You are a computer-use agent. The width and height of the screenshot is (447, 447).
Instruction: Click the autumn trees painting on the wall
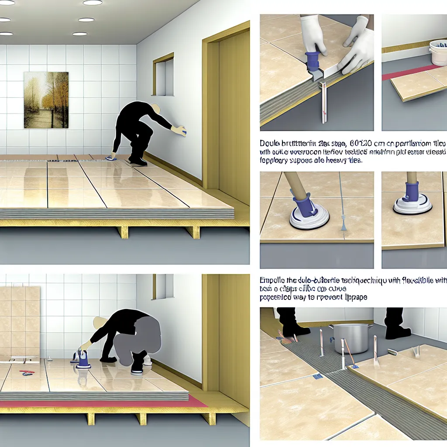[46, 100]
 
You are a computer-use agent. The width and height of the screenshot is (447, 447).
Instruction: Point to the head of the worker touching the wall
[155, 109]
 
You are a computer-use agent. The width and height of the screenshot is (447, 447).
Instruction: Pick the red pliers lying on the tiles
[27, 372]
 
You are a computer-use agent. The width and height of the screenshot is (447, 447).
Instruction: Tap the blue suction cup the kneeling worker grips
[83, 359]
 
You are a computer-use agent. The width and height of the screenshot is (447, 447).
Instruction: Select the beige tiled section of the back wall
[20, 321]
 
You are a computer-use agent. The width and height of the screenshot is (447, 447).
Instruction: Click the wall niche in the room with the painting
[163, 77]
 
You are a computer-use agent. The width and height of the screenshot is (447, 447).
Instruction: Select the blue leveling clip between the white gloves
[313, 61]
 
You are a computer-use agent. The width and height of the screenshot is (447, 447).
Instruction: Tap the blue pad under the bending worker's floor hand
[112, 158]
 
